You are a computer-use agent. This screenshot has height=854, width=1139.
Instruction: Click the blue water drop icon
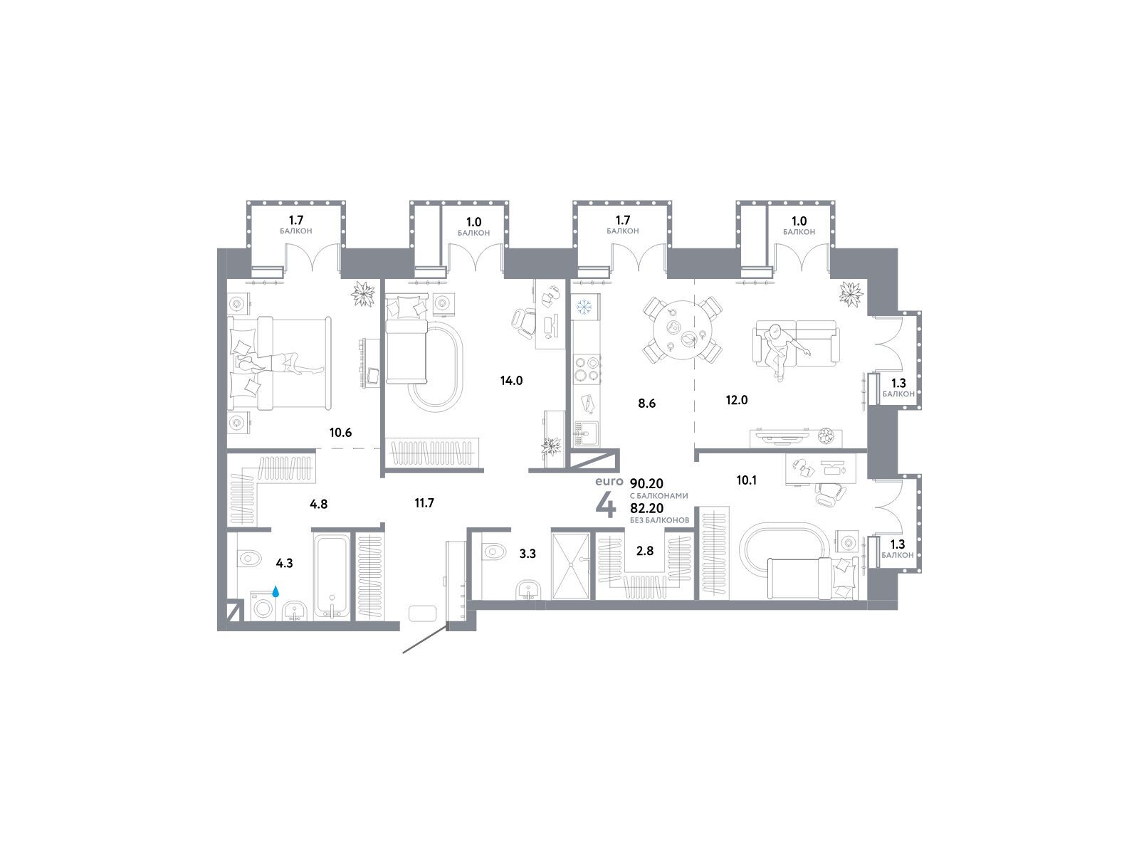[x=275, y=591]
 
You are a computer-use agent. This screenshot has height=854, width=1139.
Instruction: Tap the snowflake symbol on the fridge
[x=585, y=307]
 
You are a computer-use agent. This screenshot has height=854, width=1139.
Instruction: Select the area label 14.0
[x=511, y=381]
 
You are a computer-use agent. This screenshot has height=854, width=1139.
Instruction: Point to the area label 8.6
[x=646, y=403]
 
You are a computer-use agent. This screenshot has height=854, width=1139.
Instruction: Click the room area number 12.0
[x=736, y=400]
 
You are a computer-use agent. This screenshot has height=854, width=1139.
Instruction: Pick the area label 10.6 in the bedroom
[x=340, y=432]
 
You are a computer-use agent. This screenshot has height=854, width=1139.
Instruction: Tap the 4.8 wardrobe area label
[x=318, y=503]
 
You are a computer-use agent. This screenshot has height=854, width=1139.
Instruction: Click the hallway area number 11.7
[x=424, y=502]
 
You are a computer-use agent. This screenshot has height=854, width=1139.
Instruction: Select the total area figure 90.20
[x=646, y=483]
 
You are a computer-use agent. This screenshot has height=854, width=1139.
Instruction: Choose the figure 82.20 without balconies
[x=646, y=508]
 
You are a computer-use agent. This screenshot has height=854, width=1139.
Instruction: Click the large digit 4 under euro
[x=606, y=505]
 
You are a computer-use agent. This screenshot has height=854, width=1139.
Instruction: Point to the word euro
[x=609, y=481]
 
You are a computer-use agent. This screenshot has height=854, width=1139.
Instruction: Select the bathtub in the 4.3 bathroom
[x=330, y=576]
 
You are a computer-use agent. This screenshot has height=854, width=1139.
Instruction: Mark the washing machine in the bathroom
[x=263, y=606]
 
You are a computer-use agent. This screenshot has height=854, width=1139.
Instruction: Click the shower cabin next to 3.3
[x=570, y=566]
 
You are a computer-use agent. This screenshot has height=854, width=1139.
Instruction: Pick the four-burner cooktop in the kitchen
[x=587, y=369]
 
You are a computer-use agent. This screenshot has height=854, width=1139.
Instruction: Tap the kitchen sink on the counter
[x=585, y=433]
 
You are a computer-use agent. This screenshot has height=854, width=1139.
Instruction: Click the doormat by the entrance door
[x=422, y=613]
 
